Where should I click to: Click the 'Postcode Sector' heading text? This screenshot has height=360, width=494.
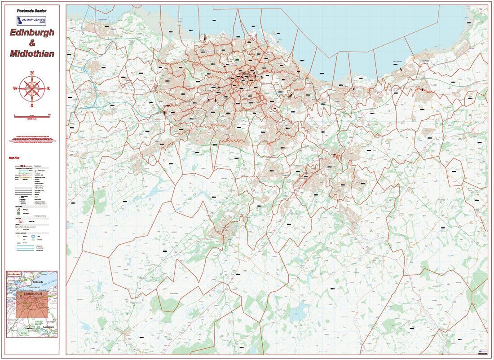[31, 10]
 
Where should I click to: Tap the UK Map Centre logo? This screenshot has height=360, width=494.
[31, 21]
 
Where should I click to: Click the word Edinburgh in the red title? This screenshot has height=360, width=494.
[32, 33]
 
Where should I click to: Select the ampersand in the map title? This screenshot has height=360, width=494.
[32, 43]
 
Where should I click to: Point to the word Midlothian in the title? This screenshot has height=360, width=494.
[32, 54]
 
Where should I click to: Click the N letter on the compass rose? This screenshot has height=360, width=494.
[32, 72]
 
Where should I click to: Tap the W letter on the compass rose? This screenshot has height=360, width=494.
[15, 88]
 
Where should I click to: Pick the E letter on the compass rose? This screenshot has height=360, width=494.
[49, 88]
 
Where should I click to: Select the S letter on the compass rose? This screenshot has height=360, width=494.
[32, 106]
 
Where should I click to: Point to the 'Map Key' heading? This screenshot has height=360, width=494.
[14, 158]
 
